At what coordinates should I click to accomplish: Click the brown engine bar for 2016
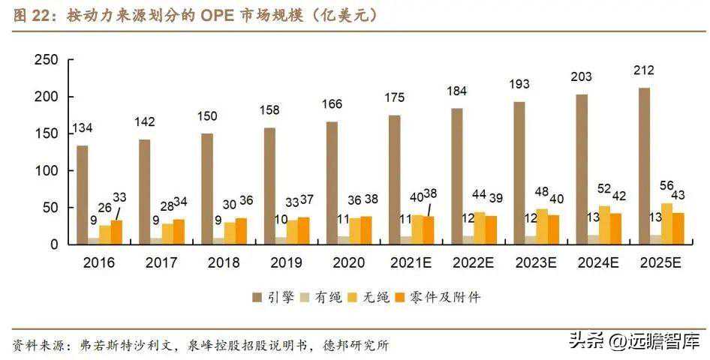[83, 194]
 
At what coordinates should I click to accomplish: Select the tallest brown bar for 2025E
[643, 166]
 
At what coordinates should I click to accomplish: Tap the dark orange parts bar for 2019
[303, 230]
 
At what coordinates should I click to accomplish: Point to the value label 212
[643, 71]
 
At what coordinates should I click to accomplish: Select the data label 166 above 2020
[332, 106]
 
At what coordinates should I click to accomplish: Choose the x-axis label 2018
[223, 263]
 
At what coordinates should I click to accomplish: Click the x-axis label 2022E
[473, 263]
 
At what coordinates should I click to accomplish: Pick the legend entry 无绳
[368, 298]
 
